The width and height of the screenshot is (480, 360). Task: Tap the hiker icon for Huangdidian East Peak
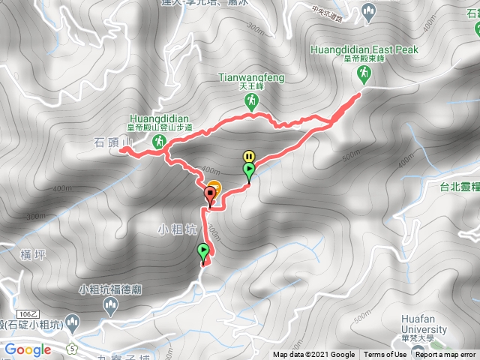(x=364, y=73)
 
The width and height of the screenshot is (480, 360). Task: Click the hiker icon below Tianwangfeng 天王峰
(x=251, y=100)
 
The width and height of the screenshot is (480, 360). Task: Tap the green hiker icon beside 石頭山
(x=159, y=141)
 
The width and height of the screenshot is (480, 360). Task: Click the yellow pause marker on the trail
(x=248, y=157)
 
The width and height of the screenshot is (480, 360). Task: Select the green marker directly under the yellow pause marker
(x=249, y=171)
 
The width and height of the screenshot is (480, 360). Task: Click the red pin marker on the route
(x=210, y=196)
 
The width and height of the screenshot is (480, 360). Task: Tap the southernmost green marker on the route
(x=203, y=252)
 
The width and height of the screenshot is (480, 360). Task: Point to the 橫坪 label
(x=34, y=255)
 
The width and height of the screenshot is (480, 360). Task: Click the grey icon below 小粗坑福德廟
(x=111, y=304)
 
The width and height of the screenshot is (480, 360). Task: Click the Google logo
(x=27, y=349)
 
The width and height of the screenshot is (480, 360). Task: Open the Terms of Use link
(x=385, y=355)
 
